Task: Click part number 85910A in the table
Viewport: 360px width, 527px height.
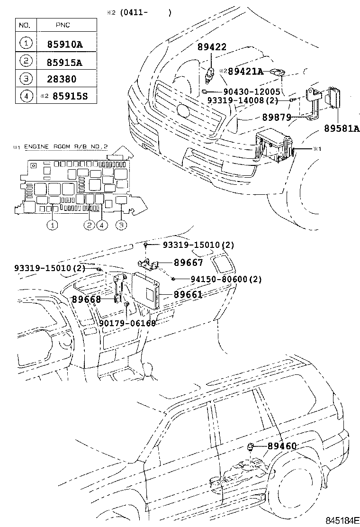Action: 64,45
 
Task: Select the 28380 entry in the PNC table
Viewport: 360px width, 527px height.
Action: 62,79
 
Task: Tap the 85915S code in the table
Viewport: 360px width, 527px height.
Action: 70,97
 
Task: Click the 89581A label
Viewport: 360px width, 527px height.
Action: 342,128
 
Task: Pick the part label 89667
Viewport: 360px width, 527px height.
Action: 188,263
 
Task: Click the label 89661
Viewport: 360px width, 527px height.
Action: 188,295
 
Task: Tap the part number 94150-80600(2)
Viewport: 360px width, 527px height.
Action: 226,280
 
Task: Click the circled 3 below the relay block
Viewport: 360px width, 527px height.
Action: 121,226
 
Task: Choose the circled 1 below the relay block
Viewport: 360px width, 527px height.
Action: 52,226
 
